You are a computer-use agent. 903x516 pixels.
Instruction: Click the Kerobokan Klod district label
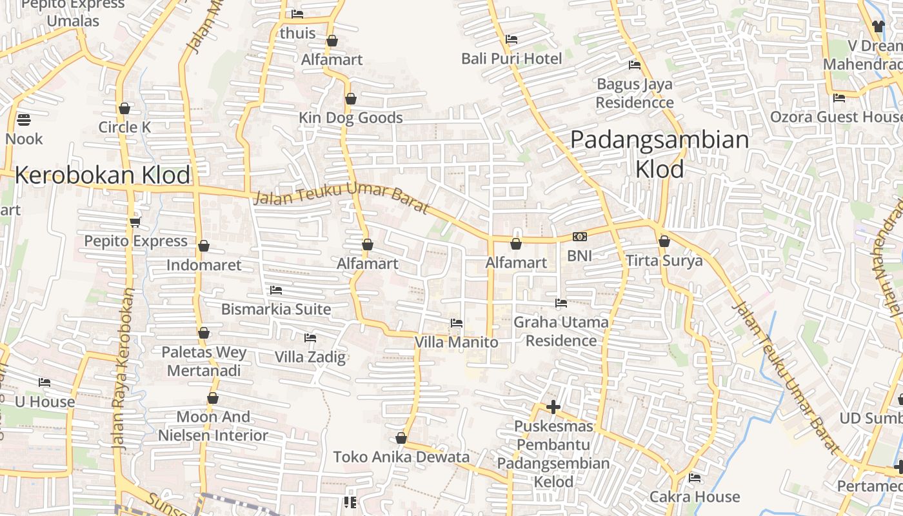pyautogui.click(x=103, y=175)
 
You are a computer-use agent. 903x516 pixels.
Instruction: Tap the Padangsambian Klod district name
pyautogui.click(x=660, y=154)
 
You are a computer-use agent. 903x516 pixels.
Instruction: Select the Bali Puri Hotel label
pyautogui.click(x=511, y=59)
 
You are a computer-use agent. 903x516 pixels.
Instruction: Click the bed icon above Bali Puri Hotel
pyautogui.click(x=511, y=39)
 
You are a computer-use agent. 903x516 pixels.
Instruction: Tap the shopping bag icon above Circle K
pyautogui.click(x=124, y=108)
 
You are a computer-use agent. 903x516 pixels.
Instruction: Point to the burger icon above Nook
pyautogui.click(x=24, y=119)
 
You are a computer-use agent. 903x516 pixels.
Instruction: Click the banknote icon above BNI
pyautogui.click(x=579, y=237)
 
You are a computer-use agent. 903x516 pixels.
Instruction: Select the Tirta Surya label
pyautogui.click(x=664, y=261)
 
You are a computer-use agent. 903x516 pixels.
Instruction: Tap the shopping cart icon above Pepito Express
pyautogui.click(x=135, y=222)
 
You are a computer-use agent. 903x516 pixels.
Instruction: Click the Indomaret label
pyautogui.click(x=204, y=265)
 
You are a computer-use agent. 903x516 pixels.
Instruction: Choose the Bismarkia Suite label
pyautogui.click(x=276, y=309)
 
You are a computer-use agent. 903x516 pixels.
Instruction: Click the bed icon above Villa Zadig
pyautogui.click(x=310, y=337)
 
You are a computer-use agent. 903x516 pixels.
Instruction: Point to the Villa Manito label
pyautogui.click(x=456, y=342)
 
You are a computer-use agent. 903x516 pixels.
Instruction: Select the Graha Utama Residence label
pyautogui.click(x=561, y=331)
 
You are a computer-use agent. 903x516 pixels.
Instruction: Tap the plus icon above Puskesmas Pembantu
pyautogui.click(x=553, y=407)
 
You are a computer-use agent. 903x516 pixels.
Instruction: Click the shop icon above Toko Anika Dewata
pyautogui.click(x=401, y=439)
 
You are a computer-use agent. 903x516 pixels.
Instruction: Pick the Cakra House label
pyautogui.click(x=694, y=497)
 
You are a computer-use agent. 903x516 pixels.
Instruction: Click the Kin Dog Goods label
pyautogui.click(x=350, y=118)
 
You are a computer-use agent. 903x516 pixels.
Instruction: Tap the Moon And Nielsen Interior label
pyautogui.click(x=213, y=426)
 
